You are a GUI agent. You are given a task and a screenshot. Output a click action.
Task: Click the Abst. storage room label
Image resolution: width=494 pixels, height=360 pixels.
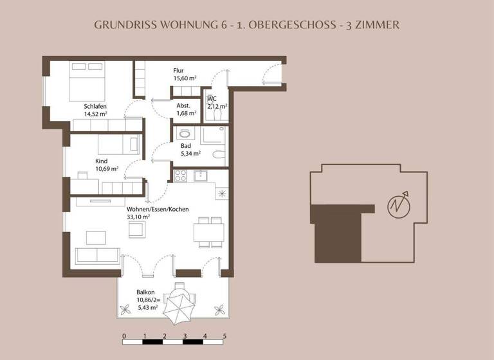(184, 106)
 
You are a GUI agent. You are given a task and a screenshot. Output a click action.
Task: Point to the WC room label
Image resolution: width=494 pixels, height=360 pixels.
(212, 99)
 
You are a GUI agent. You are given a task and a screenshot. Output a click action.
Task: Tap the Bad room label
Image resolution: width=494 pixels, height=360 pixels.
(185, 146)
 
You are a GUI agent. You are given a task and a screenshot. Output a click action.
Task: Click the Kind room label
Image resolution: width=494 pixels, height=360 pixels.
(101, 161)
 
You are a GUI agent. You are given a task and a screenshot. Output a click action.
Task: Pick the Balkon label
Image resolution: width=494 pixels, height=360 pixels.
(145, 291)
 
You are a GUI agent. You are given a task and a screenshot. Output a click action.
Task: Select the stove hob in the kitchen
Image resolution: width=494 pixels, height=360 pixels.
(181, 174)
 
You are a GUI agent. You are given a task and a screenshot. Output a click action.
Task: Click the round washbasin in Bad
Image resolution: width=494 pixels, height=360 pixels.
(186, 134)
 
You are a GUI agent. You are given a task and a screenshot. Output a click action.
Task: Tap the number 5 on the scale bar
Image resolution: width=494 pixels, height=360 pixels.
(224, 336)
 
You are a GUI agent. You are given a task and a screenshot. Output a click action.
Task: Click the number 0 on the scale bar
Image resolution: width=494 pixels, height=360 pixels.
(123, 336)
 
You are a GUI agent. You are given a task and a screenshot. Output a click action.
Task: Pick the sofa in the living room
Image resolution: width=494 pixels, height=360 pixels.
(97, 255)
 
